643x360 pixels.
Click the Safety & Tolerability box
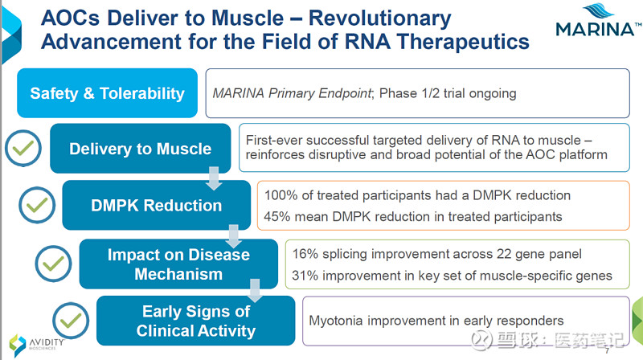[x=107, y=93]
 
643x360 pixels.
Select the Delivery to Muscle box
[x=140, y=149]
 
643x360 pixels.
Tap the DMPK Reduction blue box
[x=156, y=205]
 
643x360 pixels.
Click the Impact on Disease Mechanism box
[x=178, y=264]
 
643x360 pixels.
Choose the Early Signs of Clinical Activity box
[x=195, y=321]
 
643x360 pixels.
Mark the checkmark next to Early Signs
[x=71, y=319]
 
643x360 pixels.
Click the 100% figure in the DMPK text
[x=280, y=195]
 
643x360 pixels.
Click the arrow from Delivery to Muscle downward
[x=214, y=179]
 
